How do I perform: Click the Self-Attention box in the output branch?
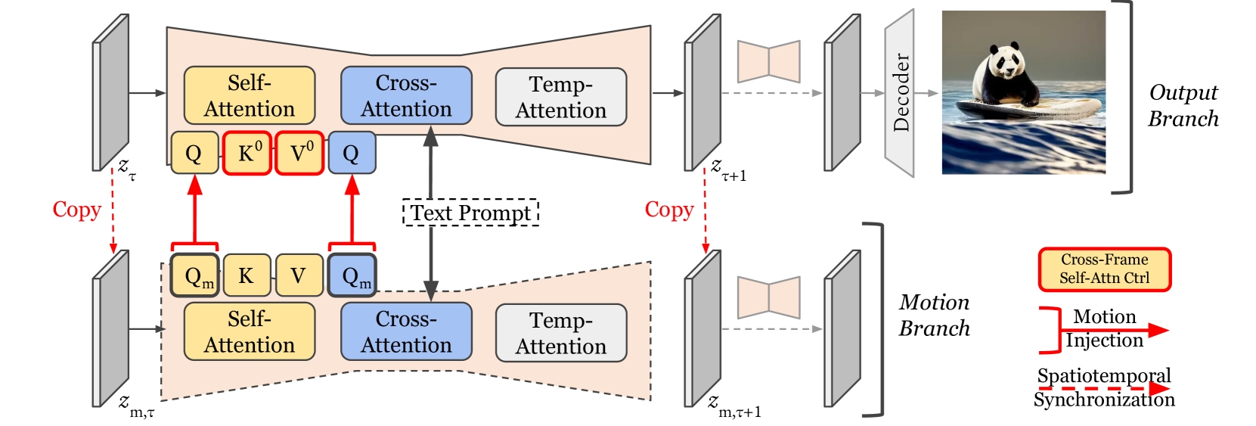(x=250, y=95)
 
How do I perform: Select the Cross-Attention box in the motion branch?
(x=406, y=331)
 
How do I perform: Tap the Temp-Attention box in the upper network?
(x=560, y=97)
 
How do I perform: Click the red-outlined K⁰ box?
(x=247, y=153)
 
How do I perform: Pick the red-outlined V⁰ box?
(x=299, y=153)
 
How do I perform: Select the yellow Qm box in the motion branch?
(x=195, y=275)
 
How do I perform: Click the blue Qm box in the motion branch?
(x=352, y=275)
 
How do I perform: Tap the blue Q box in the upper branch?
(x=352, y=153)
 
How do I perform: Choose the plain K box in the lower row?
(x=247, y=275)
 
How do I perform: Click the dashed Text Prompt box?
(x=470, y=213)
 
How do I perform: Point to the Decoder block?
(x=900, y=93)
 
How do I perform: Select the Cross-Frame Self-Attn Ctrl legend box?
(x=1104, y=269)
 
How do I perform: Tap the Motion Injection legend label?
(x=1104, y=328)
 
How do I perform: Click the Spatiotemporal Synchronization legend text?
(x=1104, y=387)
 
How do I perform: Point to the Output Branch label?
(x=1183, y=105)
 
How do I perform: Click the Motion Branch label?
(x=934, y=315)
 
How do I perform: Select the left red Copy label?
(x=76, y=210)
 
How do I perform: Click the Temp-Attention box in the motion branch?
(x=560, y=333)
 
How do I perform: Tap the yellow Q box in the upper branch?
(x=194, y=153)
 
